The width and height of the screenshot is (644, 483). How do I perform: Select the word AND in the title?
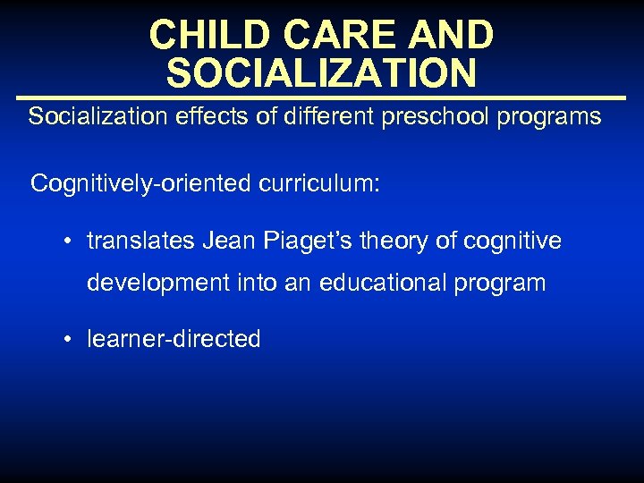point(452,35)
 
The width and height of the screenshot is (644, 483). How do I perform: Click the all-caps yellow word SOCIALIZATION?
point(321,73)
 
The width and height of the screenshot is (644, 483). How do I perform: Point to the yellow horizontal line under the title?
point(321,97)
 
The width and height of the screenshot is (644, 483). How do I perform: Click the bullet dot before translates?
point(68,242)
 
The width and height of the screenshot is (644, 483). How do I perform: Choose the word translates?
point(140,241)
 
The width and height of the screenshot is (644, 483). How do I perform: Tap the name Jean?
point(230,241)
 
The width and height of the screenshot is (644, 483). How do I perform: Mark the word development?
point(157,284)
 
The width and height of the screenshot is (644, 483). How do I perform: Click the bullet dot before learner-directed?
point(68,340)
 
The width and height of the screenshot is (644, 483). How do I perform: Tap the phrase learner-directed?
point(174,339)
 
